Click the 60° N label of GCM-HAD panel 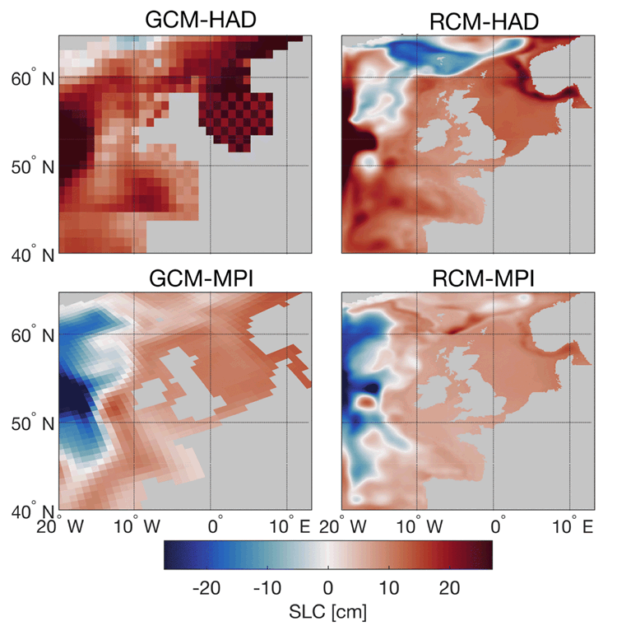click(x=31, y=78)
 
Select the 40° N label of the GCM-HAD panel click(x=31, y=255)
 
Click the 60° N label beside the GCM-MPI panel click(x=31, y=335)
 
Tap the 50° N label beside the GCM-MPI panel click(x=31, y=423)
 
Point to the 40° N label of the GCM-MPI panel click(x=31, y=512)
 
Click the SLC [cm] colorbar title click(x=327, y=612)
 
